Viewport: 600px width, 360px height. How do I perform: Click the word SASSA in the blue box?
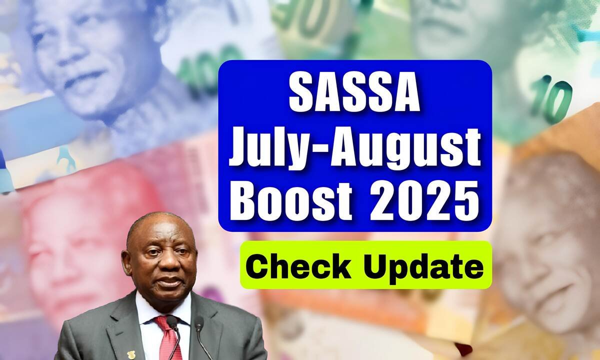pos(355,91)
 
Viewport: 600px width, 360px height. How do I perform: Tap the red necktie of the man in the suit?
pos(168,338)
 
